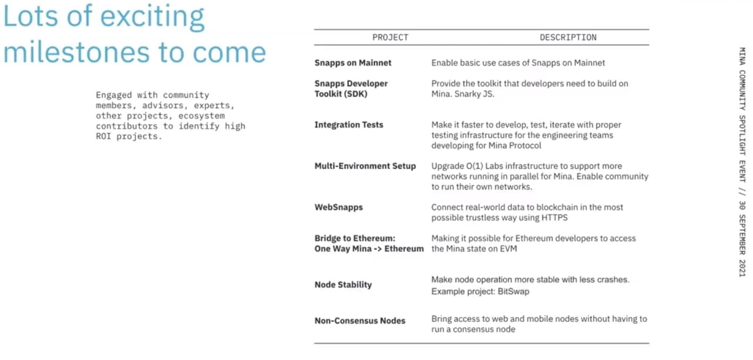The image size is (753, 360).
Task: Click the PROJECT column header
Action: pos(390,37)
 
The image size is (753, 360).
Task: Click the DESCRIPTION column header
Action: pos(568,37)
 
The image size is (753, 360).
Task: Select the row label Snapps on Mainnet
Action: pos(353,62)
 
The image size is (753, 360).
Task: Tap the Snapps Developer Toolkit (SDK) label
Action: pos(351,88)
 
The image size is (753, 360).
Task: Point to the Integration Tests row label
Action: pos(349,125)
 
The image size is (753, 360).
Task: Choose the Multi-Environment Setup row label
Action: pos(365,166)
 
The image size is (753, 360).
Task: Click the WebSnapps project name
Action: pos(339,207)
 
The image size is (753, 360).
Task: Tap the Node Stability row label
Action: pos(343,285)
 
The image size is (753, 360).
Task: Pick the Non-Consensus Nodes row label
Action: pos(360,321)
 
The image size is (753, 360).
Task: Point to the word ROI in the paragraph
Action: pos(104,136)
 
